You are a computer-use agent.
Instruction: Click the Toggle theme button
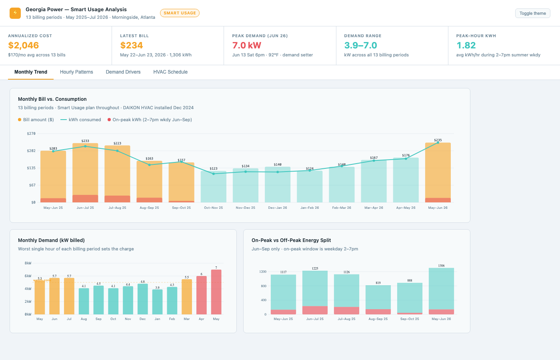pos(532,13)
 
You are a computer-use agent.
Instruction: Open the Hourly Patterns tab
pos(76,72)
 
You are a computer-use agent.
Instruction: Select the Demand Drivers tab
pos(123,72)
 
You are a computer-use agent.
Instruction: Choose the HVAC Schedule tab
pos(170,72)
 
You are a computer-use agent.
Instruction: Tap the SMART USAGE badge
pos(180,13)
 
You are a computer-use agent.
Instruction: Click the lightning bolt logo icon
pos(15,13)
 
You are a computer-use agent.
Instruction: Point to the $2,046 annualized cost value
pos(24,45)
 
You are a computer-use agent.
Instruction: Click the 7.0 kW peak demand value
pos(246,45)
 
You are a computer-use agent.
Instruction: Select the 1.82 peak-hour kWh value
pos(466,45)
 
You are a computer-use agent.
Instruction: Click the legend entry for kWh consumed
pos(81,120)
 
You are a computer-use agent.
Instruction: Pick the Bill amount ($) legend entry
pos(36,120)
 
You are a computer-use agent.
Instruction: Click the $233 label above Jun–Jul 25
pos(85,141)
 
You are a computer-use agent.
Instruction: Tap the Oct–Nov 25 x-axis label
pos(214,208)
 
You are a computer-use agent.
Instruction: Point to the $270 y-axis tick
pos(31,134)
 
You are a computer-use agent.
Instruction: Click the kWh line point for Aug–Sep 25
pos(150,165)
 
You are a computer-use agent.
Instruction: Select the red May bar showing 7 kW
pos(216,292)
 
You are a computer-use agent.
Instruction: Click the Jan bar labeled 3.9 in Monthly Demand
pos(157,302)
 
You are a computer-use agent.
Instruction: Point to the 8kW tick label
pos(28,263)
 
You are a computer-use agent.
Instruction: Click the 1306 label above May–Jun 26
pos(442,266)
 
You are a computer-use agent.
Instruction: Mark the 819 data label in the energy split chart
pos(378,283)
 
